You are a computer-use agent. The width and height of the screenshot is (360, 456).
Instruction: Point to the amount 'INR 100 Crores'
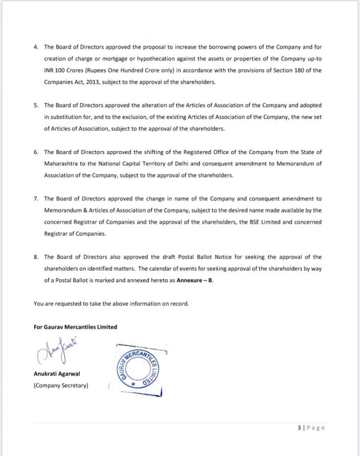point(64,70)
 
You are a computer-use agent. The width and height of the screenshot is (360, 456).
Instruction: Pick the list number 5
point(35,105)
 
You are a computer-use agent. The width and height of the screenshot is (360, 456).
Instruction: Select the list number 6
point(35,152)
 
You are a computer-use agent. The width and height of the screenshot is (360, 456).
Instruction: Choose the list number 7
point(35,198)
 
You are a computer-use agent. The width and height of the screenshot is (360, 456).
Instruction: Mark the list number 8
point(35,257)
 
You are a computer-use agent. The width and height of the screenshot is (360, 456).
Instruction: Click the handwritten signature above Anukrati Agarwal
point(59,353)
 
